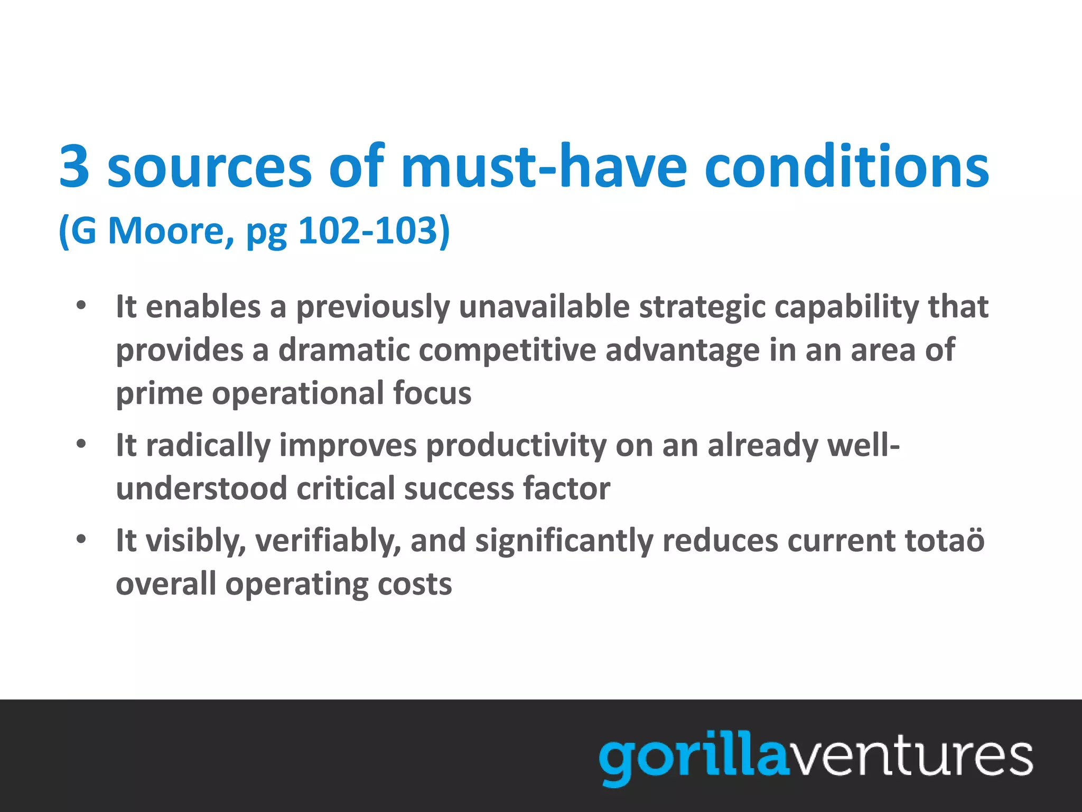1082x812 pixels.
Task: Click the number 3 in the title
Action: pyautogui.click(x=74, y=167)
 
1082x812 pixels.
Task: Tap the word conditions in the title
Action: pyautogui.click(x=846, y=167)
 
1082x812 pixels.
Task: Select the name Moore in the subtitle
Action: pyautogui.click(x=171, y=231)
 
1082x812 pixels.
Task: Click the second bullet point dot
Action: pyautogui.click(x=81, y=444)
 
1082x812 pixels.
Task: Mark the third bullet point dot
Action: pyautogui.click(x=81, y=540)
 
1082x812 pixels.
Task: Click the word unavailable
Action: pyautogui.click(x=544, y=307)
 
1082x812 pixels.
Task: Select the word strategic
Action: pyautogui.click(x=702, y=308)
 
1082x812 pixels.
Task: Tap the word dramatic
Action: pyautogui.click(x=344, y=350)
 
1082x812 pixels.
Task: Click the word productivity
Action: pyautogui.click(x=516, y=446)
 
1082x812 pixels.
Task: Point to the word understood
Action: pyautogui.click(x=201, y=488)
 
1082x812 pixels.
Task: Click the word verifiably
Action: pyautogui.click(x=328, y=541)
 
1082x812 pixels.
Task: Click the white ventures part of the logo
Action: pyautogui.click(x=911, y=757)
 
